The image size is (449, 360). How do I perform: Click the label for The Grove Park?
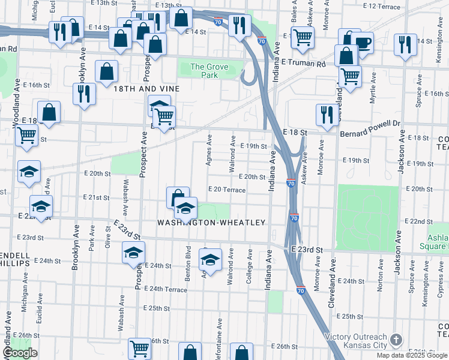pyautogui.click(x=209, y=71)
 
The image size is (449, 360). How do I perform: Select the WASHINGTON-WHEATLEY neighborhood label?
pyautogui.click(x=211, y=223)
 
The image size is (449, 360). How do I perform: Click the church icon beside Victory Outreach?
pyautogui.click(x=396, y=340)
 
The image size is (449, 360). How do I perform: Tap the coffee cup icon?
pyautogui.click(x=362, y=43)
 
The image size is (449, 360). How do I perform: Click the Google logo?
pyautogui.click(x=20, y=353)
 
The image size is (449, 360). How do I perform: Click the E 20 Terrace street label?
pyautogui.click(x=226, y=190)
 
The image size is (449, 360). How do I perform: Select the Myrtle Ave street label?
pyautogui.click(x=373, y=88)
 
